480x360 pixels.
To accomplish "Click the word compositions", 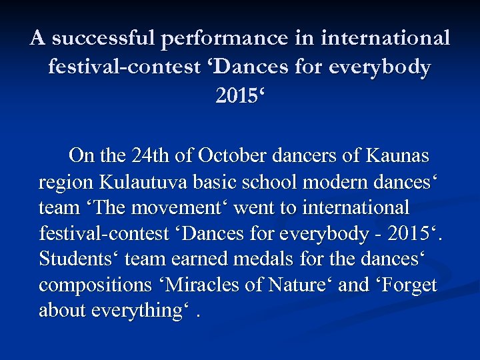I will tap(88, 285).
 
